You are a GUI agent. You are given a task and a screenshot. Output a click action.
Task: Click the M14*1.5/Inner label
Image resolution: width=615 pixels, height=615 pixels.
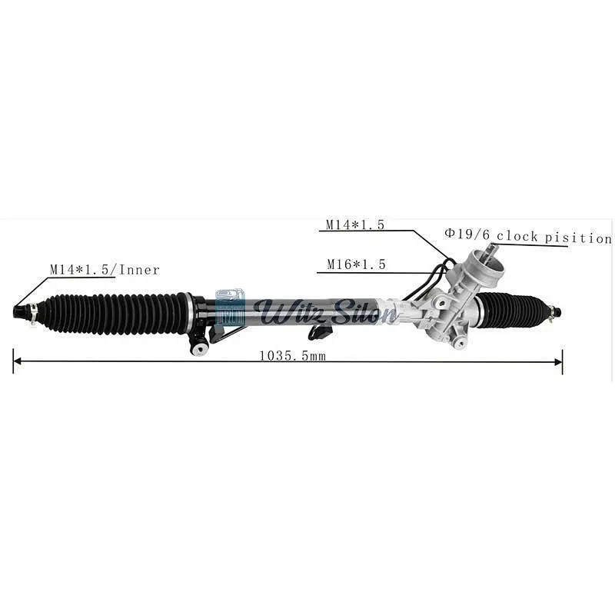105,270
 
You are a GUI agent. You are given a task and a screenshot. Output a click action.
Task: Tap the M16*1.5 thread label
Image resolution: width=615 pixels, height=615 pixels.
356,264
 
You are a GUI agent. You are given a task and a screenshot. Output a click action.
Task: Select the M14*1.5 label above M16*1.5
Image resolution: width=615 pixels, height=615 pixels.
355,224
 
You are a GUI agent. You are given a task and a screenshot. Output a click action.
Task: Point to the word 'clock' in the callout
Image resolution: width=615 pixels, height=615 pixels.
517,236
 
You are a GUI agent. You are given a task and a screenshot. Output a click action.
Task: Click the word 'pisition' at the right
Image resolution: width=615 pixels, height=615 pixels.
578,238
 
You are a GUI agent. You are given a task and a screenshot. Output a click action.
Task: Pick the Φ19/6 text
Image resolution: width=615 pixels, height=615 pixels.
467,234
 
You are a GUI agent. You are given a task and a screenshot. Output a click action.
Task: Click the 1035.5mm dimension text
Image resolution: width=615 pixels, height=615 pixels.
293,356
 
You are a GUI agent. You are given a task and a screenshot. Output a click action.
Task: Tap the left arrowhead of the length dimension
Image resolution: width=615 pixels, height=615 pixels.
17,361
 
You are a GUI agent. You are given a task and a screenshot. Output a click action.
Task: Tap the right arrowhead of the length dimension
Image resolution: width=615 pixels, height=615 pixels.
559,361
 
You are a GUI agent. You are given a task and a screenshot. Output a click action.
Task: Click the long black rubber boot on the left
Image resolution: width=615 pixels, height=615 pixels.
115,313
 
